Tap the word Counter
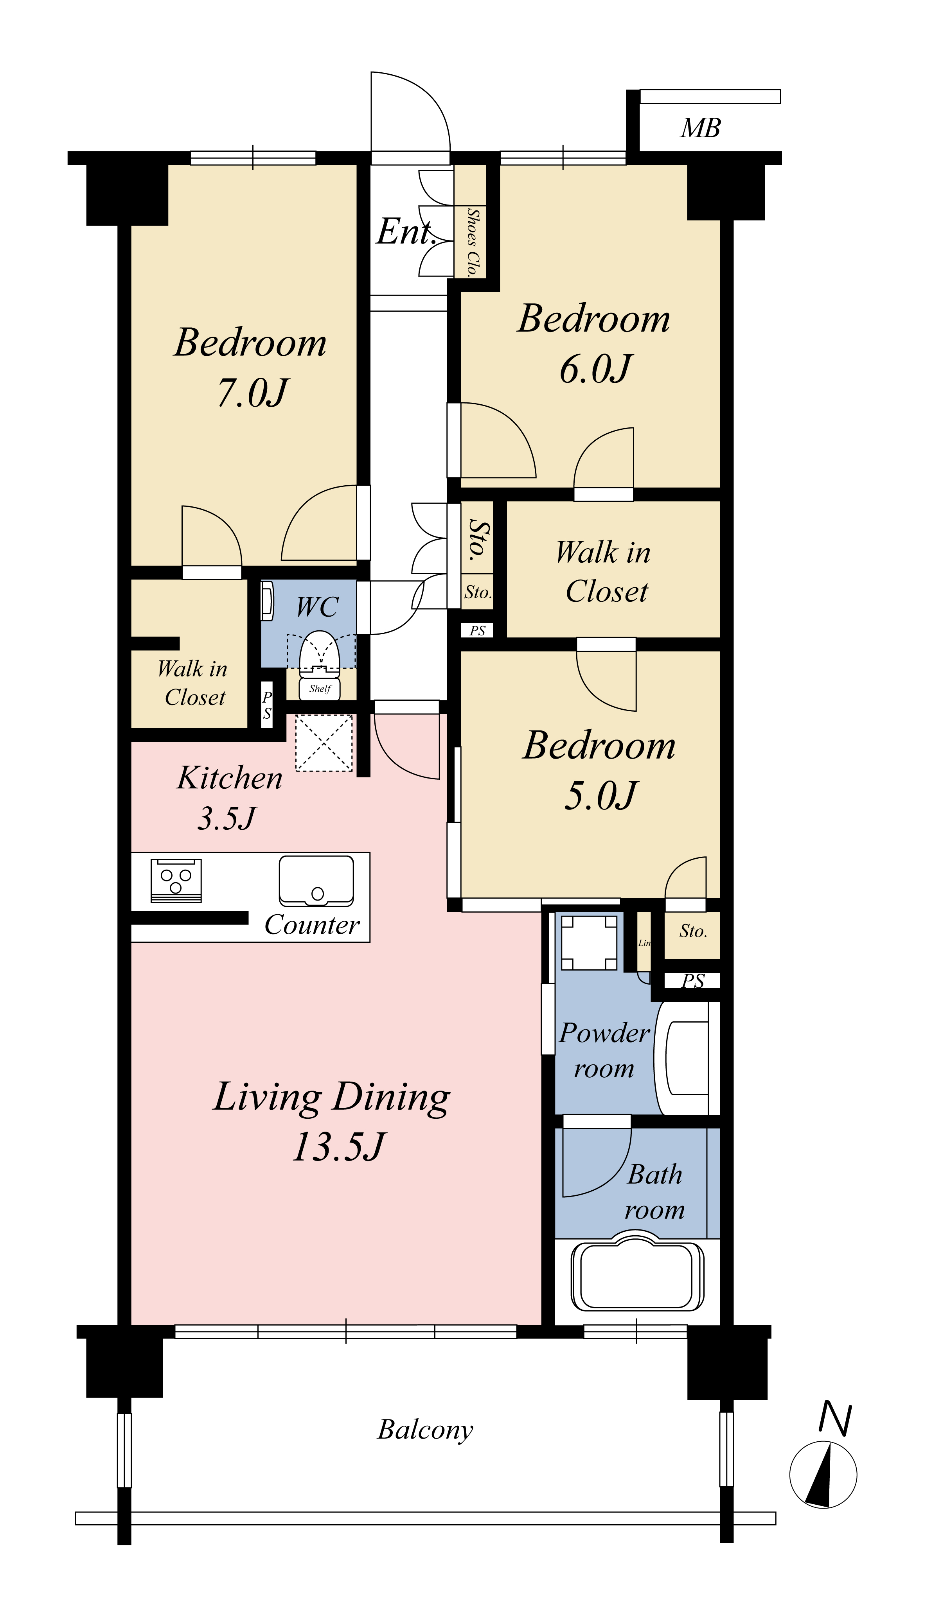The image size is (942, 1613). [313, 925]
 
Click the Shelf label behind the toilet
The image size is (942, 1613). [320, 689]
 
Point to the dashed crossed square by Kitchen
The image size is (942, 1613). [324, 743]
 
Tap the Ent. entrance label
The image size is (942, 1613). [406, 232]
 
